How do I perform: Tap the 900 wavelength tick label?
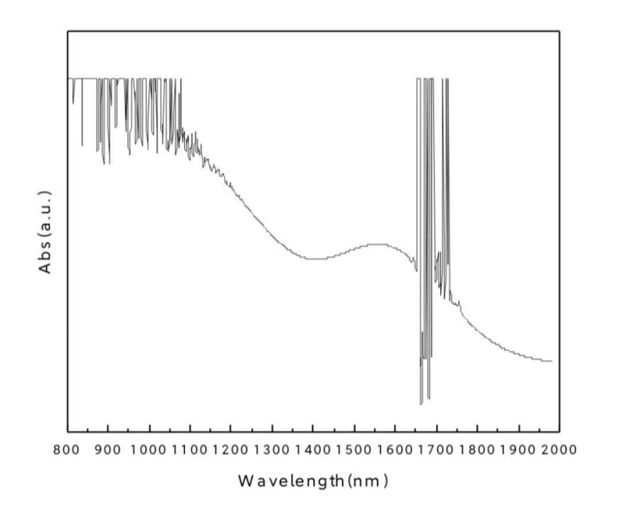pos(108,449)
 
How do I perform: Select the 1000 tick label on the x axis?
pos(149,449)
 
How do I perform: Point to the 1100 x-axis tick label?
pos(190,449)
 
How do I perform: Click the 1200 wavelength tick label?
pos(231,449)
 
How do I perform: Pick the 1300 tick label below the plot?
pos(272,449)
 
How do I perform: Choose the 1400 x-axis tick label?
pos(313,449)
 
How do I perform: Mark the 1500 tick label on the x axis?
pos(354,449)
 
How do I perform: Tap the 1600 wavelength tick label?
pos(395,449)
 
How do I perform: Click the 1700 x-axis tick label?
pos(437,449)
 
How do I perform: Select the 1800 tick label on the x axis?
pos(477,449)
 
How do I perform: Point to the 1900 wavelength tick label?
pos(518,449)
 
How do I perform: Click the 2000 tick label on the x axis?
pos(560,449)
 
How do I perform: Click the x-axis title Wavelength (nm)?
pos(313,481)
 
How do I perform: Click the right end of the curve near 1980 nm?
pos(551,361)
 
